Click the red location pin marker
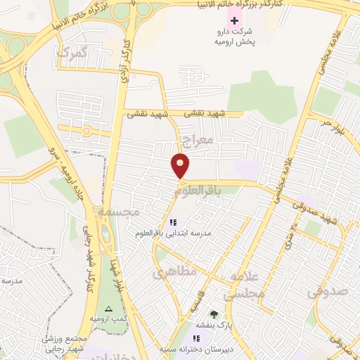pyautogui.click(x=181, y=165)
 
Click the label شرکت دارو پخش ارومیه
pyautogui.click(x=233, y=37)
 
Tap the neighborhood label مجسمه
pyautogui.click(x=122, y=210)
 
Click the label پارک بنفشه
pyautogui.click(x=214, y=326)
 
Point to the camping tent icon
pyautogui.click(x=108, y=309)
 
